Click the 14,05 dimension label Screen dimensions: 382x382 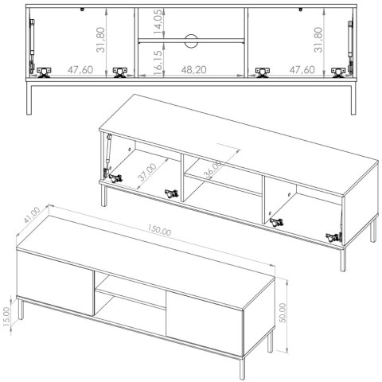[158, 21]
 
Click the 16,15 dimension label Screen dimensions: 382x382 [158, 60]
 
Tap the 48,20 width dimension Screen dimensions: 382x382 [194, 70]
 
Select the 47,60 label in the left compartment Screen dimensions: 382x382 [80, 70]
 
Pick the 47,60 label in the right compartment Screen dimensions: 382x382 [302, 70]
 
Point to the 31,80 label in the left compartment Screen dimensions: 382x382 [101, 40]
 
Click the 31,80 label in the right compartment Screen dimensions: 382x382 [318, 40]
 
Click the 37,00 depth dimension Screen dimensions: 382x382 [147, 172]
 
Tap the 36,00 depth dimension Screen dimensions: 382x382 [213, 170]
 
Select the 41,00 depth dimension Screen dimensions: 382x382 [32, 215]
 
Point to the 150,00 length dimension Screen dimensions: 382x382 [159, 230]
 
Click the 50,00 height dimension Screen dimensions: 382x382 [283, 313]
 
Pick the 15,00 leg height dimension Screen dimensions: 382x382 [7, 316]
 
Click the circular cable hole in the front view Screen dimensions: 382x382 [191, 41]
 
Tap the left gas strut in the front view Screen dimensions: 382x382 [32, 46]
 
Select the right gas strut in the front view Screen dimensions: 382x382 [350, 46]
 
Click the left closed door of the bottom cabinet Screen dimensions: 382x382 [55, 283]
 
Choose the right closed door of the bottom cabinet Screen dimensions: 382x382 [205, 324]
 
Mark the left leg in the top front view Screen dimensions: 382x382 [29, 98]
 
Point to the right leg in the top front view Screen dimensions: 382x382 [353, 98]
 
